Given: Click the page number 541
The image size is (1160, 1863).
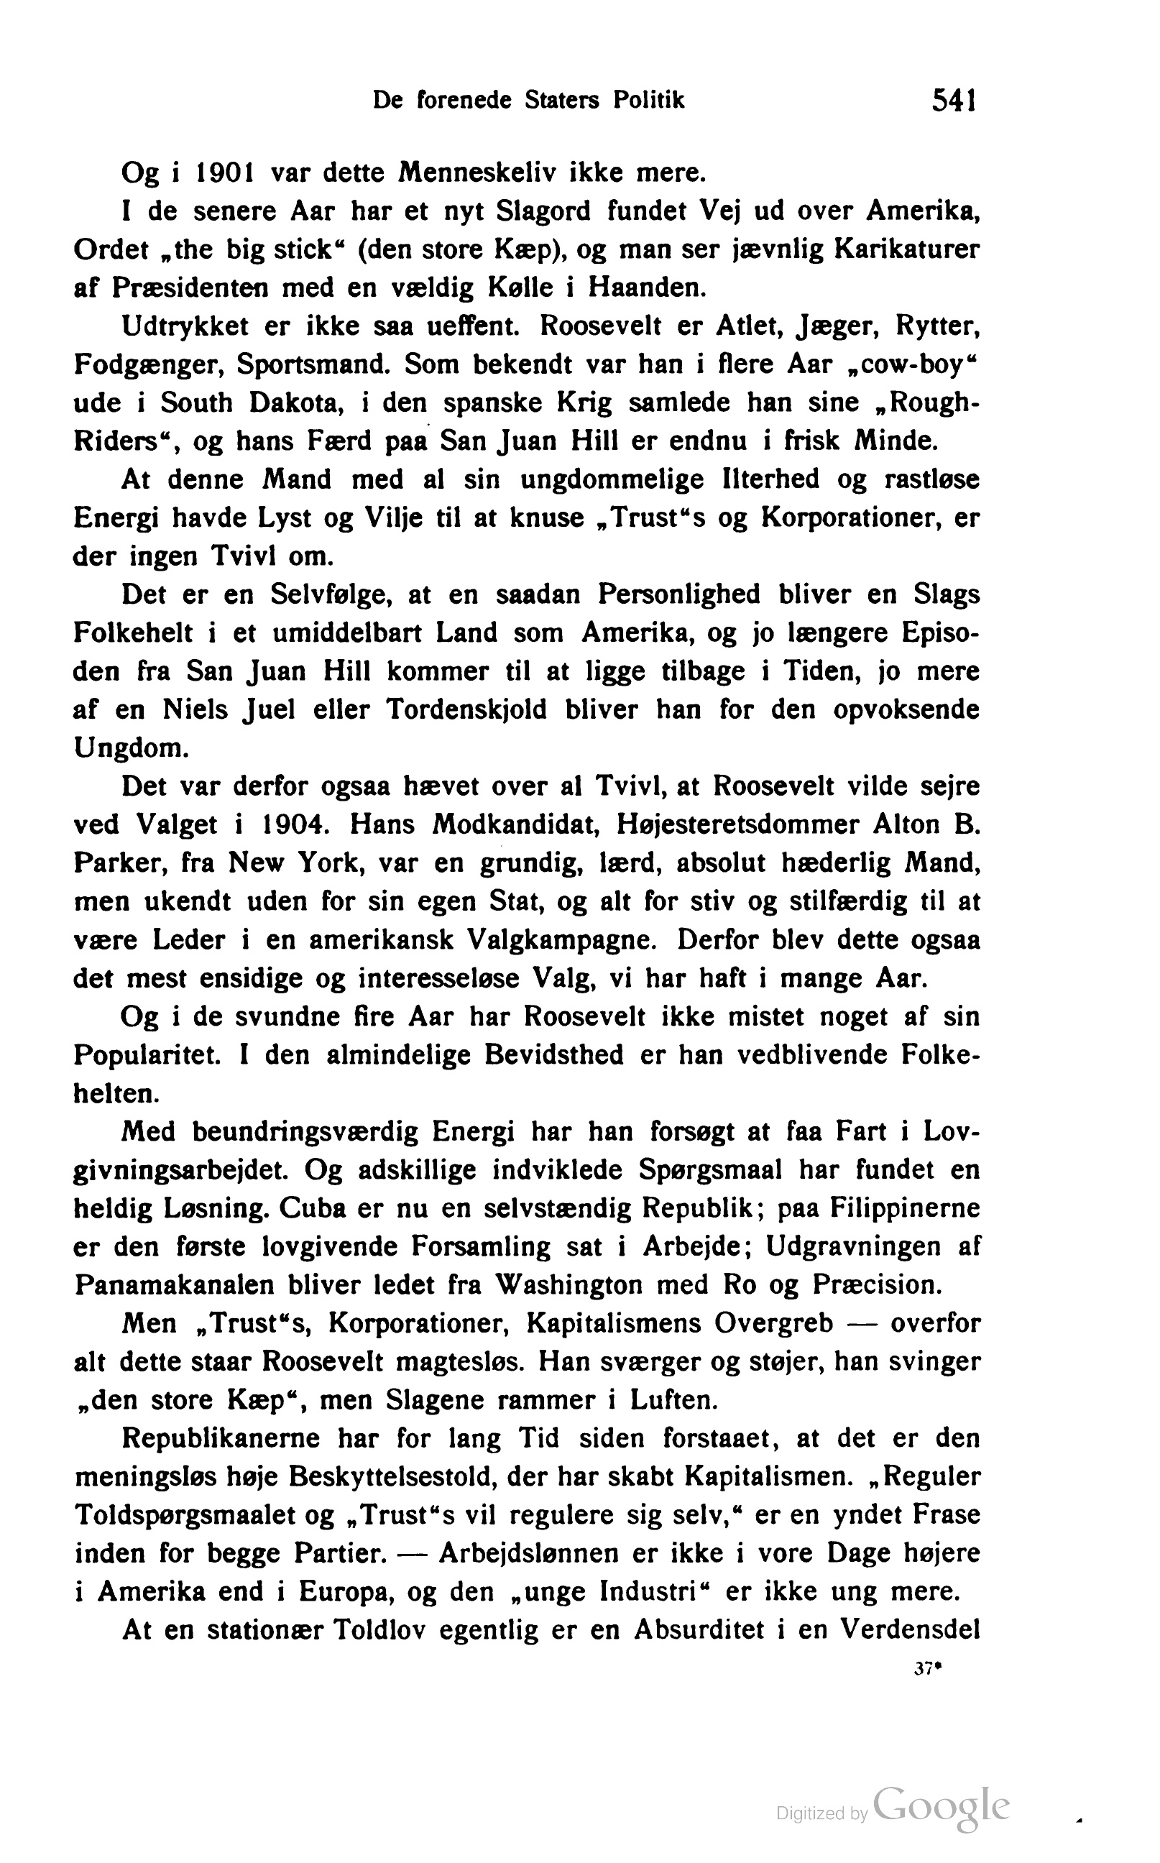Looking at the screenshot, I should (953, 101).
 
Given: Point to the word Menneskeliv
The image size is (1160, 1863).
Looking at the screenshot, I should (475, 172).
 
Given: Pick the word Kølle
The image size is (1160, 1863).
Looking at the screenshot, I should (520, 288).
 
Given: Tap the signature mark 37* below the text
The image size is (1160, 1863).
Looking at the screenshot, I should (928, 1668).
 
